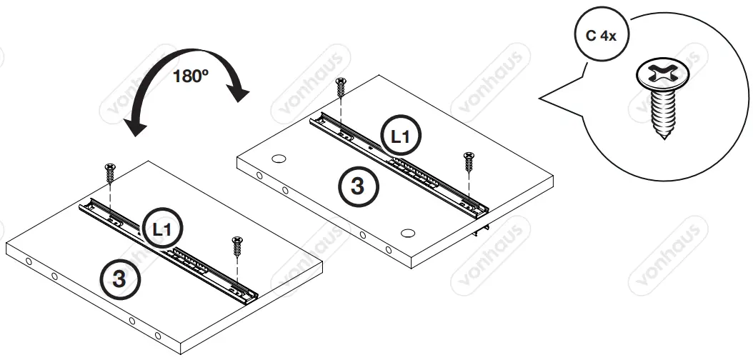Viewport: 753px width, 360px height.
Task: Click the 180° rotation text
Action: click(189, 76)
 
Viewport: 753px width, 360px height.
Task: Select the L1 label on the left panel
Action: click(162, 229)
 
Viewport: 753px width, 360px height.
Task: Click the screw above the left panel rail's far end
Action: click(110, 172)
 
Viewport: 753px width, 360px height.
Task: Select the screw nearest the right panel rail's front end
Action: click(469, 161)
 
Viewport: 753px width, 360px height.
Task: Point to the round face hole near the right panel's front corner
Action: click(408, 233)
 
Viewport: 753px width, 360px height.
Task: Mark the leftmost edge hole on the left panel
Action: click(28, 261)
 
